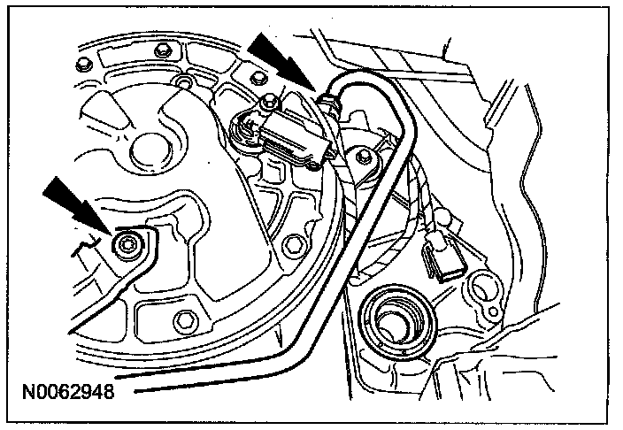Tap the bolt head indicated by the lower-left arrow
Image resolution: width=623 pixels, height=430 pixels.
[x=130, y=242]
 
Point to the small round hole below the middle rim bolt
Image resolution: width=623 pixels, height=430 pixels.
[x=182, y=83]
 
